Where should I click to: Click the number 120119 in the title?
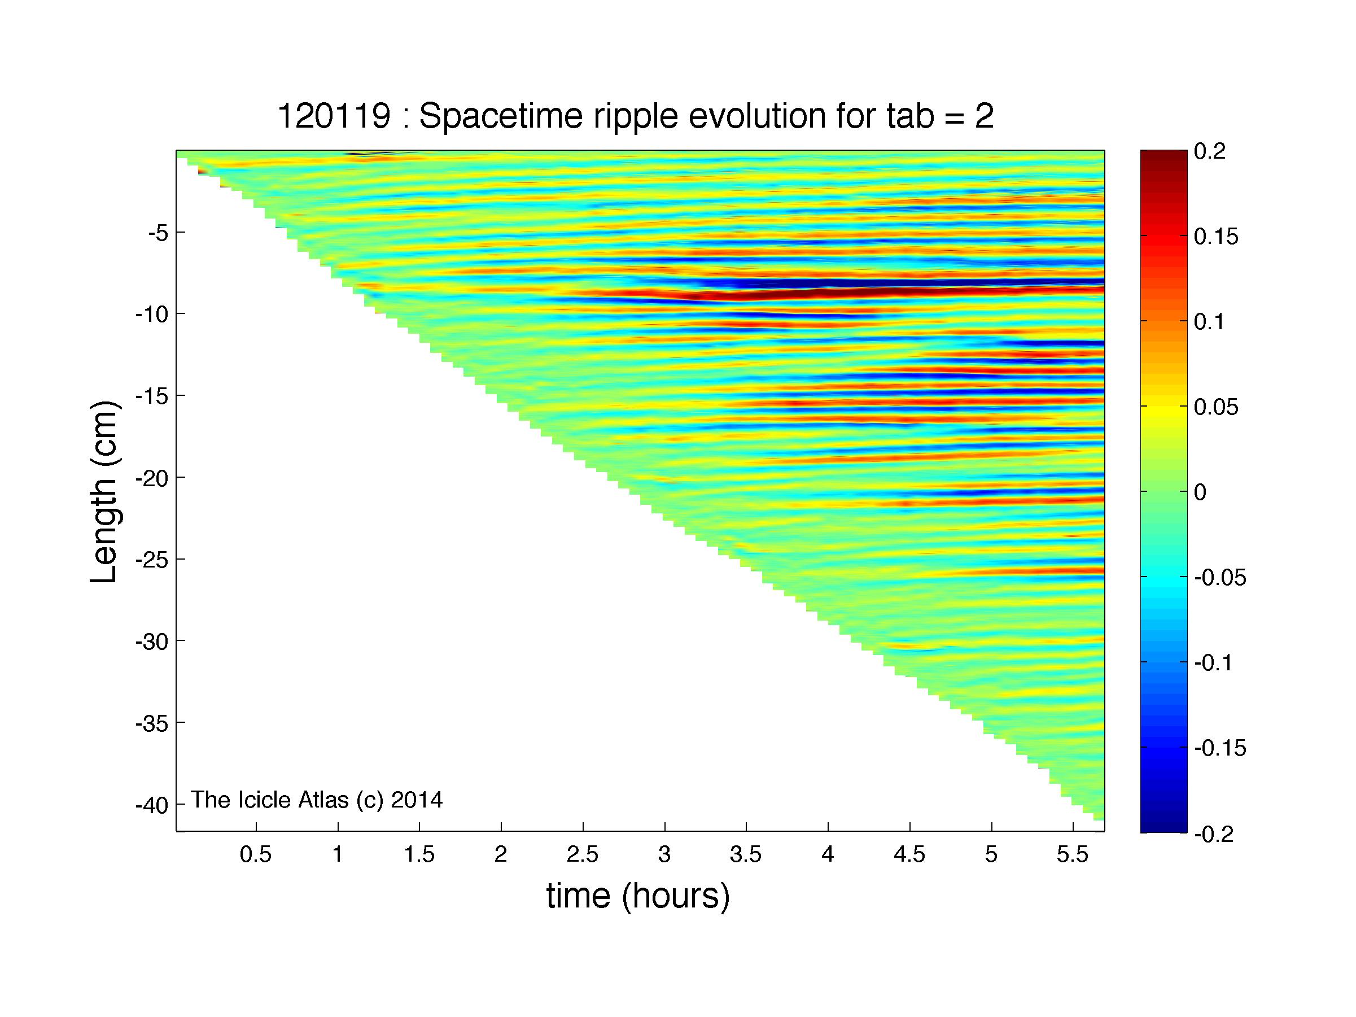tap(334, 116)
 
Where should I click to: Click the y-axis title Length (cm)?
tap(104, 492)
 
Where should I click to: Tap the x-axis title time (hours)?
tap(638, 896)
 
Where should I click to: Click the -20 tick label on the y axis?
tap(151, 478)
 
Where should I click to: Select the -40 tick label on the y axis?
tap(151, 804)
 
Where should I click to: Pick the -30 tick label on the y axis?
tap(151, 641)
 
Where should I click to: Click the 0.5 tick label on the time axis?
tap(256, 854)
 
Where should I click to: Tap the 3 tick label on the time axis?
tap(664, 854)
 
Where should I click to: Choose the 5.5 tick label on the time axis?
tap(1073, 854)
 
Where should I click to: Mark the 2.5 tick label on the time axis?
tap(583, 854)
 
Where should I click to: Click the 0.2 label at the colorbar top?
tap(1209, 151)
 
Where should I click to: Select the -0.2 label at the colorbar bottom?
tap(1214, 834)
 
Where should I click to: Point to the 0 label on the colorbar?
tap(1200, 492)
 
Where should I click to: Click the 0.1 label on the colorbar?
tap(1209, 322)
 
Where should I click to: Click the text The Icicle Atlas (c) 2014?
tap(317, 800)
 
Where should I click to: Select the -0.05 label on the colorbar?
tap(1221, 578)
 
